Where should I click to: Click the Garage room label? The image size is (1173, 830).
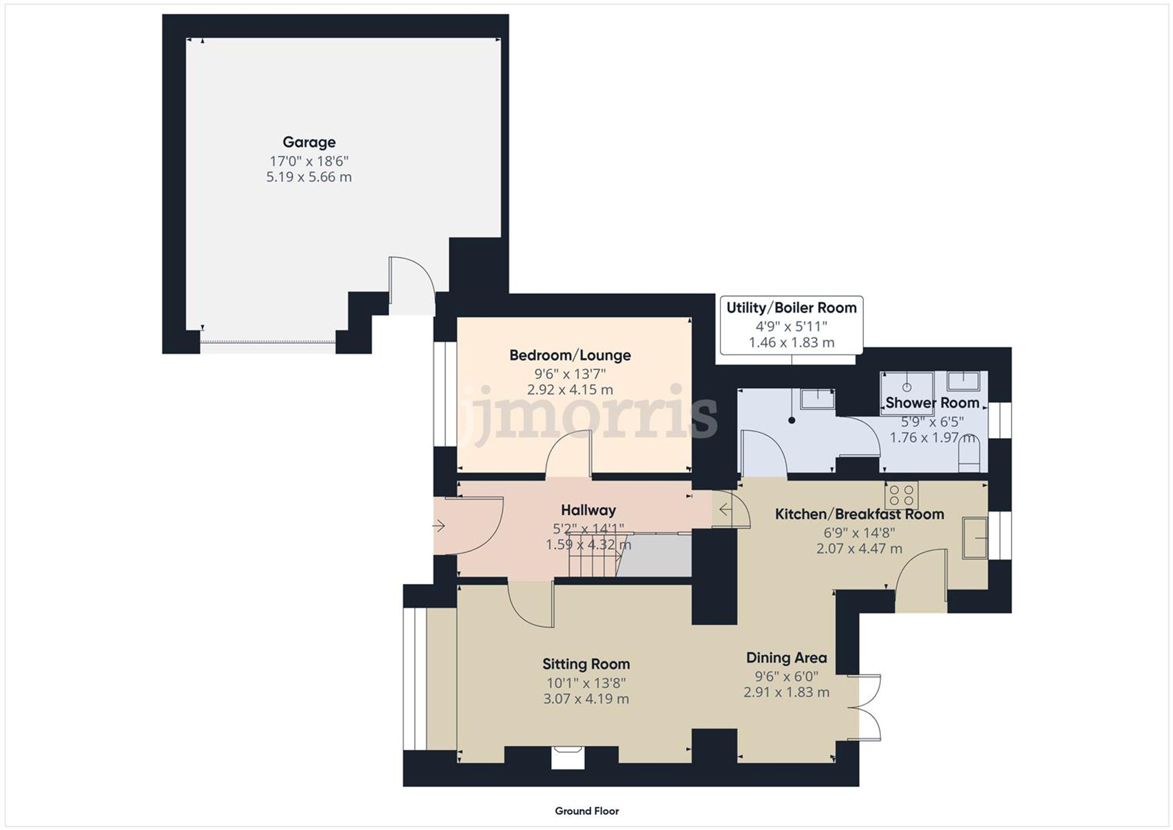pyautogui.click(x=309, y=142)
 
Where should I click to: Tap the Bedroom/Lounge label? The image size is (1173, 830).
pyautogui.click(x=569, y=355)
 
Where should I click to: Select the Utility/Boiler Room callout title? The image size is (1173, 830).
pyautogui.click(x=791, y=308)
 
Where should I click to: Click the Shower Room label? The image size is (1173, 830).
pyautogui.click(x=932, y=403)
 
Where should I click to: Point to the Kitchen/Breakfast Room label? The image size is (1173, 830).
pyautogui.click(x=859, y=514)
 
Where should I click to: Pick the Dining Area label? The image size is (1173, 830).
pyautogui.click(x=786, y=658)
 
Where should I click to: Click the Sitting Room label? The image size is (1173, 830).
pyautogui.click(x=586, y=664)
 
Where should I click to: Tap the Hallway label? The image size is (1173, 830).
pyautogui.click(x=588, y=510)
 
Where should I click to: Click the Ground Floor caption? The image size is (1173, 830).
pyautogui.click(x=586, y=811)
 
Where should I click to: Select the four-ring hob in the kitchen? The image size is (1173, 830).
pyautogui.click(x=901, y=494)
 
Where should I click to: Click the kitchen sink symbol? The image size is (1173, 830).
pyautogui.click(x=975, y=537)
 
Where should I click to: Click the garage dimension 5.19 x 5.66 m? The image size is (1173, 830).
pyautogui.click(x=309, y=177)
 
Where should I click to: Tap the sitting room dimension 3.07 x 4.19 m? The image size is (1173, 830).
pyautogui.click(x=586, y=699)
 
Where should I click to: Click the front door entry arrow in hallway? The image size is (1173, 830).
pyautogui.click(x=439, y=526)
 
